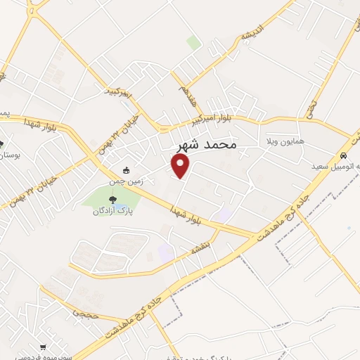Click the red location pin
click(x=181, y=166)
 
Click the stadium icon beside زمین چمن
click(x=126, y=170)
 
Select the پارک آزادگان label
click(x=114, y=210)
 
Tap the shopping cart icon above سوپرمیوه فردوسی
click(x=43, y=347)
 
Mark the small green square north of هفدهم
click(x=194, y=42)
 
